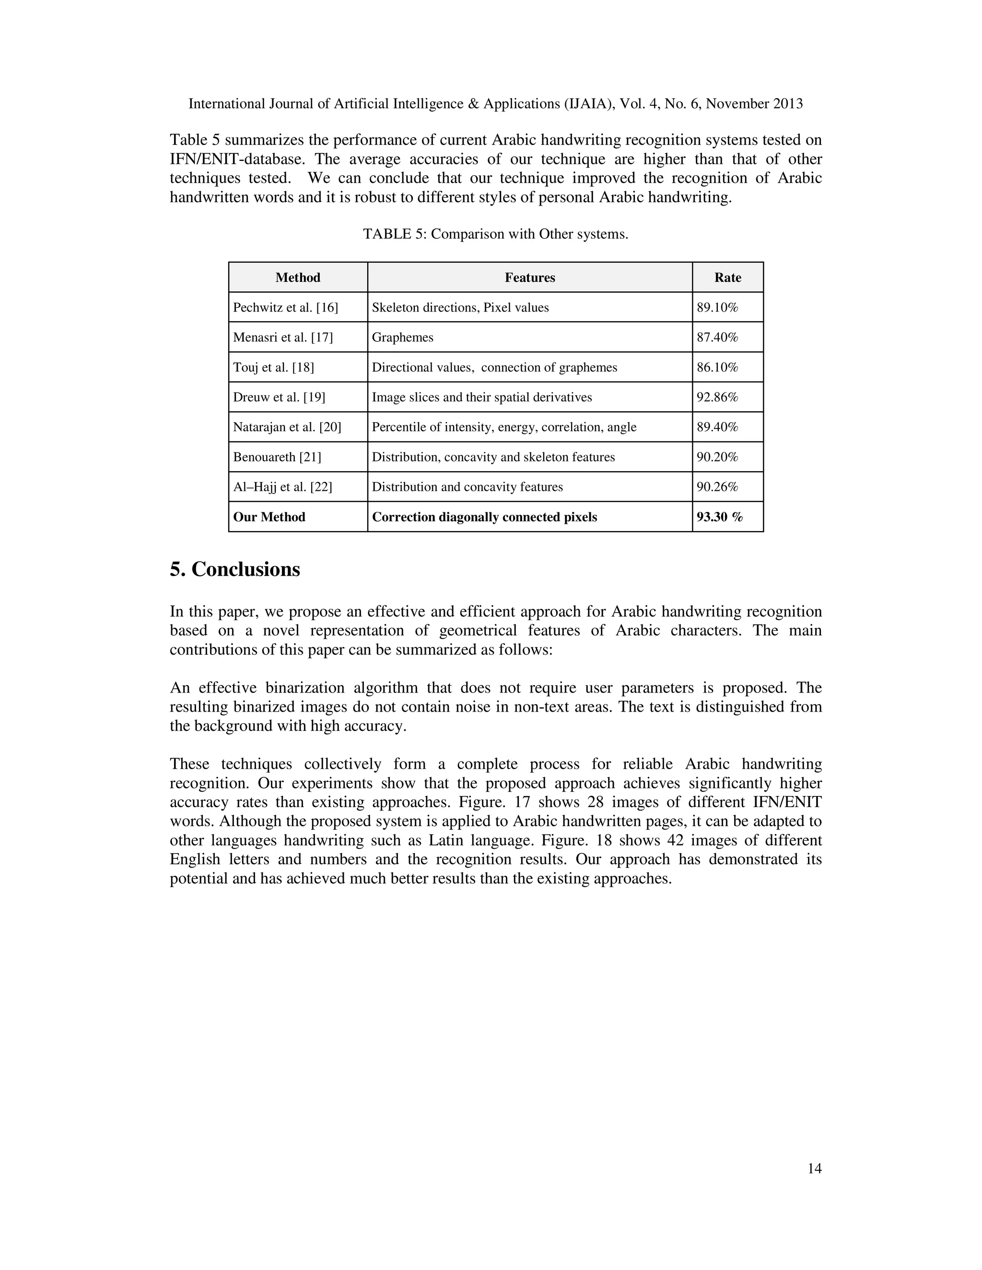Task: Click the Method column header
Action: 297,277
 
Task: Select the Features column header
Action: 529,277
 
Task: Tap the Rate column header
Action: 727,277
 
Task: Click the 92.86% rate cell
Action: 717,397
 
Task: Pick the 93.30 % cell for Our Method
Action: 719,517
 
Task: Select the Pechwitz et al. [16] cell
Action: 285,308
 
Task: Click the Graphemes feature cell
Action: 403,337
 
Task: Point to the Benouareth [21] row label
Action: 277,457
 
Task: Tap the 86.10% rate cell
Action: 717,368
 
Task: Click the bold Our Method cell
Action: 269,517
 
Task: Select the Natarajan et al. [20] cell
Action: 287,427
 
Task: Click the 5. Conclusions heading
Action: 234,569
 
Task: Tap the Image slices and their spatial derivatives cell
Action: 482,397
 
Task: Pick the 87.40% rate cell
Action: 717,337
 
